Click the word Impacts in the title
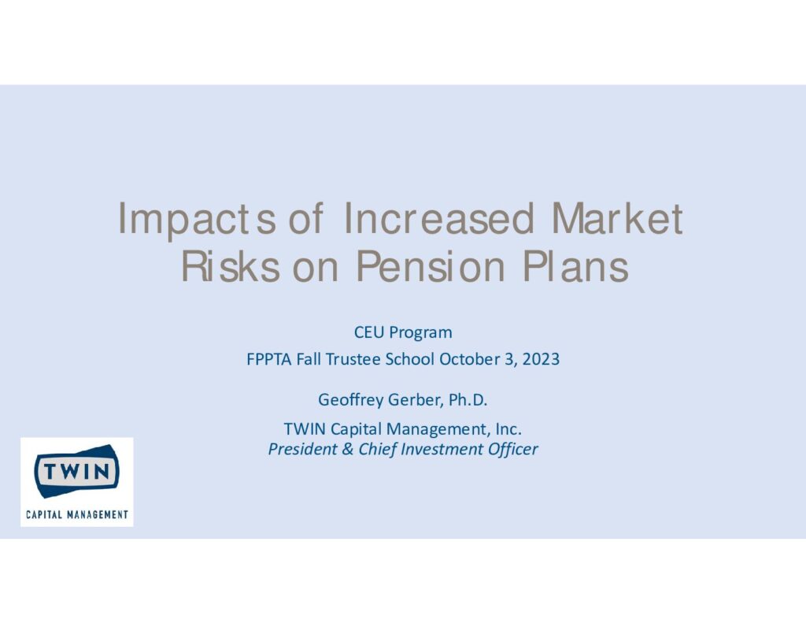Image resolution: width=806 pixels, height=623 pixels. tap(197, 220)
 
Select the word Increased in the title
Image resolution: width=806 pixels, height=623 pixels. tap(439, 219)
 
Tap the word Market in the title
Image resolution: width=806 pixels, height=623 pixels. tap(617, 219)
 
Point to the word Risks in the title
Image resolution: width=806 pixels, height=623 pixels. tap(231, 266)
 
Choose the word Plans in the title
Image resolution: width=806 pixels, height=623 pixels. tap(575, 266)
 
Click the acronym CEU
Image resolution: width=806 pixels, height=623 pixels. tap(369, 332)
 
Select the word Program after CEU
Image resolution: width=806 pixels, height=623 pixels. tap(420, 333)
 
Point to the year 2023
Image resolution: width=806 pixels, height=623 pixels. tap(541, 359)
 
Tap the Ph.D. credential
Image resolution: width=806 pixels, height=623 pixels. tap(468, 400)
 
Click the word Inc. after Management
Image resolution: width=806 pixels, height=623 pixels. tap(508, 429)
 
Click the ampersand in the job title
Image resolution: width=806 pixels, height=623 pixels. tap(347, 449)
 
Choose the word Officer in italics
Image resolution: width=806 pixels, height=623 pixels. tap(512, 449)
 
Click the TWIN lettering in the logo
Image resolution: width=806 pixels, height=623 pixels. tap(76, 471)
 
